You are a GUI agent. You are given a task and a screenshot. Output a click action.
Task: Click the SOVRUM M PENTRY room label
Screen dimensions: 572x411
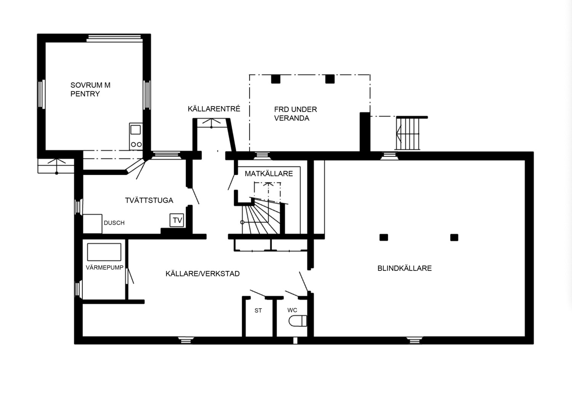[x=90, y=89]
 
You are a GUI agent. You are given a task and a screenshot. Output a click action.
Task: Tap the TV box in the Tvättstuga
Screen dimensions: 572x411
[x=177, y=220]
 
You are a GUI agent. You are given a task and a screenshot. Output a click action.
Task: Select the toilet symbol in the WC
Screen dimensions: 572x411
[x=298, y=321]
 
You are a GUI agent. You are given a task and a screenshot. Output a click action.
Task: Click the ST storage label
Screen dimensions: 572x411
[x=258, y=311]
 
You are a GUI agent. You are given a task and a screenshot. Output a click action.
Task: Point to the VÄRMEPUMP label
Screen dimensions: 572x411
[x=104, y=268]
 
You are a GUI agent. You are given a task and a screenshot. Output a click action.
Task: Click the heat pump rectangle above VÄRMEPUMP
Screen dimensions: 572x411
[x=104, y=252]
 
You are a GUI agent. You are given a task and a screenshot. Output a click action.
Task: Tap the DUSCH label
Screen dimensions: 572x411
[x=114, y=223]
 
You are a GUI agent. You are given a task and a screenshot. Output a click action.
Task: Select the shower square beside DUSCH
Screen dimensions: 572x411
[x=93, y=224]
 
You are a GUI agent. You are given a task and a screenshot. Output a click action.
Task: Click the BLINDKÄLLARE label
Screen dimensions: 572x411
[x=404, y=268]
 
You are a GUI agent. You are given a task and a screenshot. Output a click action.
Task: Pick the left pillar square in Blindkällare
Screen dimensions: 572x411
[x=384, y=237]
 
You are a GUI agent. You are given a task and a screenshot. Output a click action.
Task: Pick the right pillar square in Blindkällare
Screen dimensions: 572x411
[x=454, y=237]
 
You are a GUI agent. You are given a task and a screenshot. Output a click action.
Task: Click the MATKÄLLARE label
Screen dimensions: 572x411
[x=269, y=174]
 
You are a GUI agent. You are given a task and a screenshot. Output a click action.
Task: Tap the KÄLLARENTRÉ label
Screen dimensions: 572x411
[x=214, y=109]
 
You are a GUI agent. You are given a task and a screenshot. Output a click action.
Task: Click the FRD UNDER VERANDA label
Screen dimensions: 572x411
[x=295, y=114]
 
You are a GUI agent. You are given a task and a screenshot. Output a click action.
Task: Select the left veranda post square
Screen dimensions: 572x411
[x=276, y=79]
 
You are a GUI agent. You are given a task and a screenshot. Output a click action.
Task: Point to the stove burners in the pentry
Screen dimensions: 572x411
[x=136, y=144]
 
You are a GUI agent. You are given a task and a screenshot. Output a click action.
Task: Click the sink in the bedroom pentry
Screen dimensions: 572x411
[x=136, y=130]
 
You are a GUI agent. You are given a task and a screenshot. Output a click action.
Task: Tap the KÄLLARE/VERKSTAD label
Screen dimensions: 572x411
[x=202, y=274]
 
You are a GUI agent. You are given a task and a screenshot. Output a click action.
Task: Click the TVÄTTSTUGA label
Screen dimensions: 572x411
[x=149, y=201]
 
